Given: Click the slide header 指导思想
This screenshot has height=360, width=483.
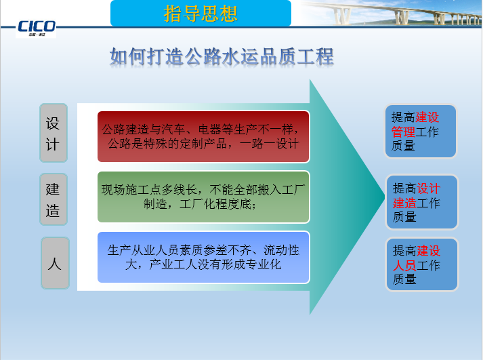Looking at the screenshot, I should [x=201, y=13].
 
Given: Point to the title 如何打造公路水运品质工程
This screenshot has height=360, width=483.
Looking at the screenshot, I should [x=222, y=56].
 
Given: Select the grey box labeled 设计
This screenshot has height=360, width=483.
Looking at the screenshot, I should [x=54, y=133].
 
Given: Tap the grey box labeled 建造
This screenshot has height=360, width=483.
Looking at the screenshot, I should [x=54, y=199].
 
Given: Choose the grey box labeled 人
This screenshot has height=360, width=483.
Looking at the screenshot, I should [x=55, y=263].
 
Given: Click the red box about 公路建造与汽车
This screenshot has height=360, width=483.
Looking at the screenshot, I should [x=203, y=136].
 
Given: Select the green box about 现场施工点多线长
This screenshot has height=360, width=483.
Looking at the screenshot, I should [x=203, y=197].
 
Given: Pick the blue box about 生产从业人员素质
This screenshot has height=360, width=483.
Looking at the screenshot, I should [x=203, y=257].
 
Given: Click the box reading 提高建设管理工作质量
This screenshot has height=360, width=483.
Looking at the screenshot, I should [x=421, y=132].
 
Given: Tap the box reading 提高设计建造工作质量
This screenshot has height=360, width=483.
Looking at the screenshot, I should [x=421, y=202].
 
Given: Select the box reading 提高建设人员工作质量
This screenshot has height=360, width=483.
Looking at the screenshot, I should [x=421, y=264].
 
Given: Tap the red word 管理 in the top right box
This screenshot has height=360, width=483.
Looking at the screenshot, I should [x=404, y=132].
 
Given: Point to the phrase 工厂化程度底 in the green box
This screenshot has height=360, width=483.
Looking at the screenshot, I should [x=216, y=205].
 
